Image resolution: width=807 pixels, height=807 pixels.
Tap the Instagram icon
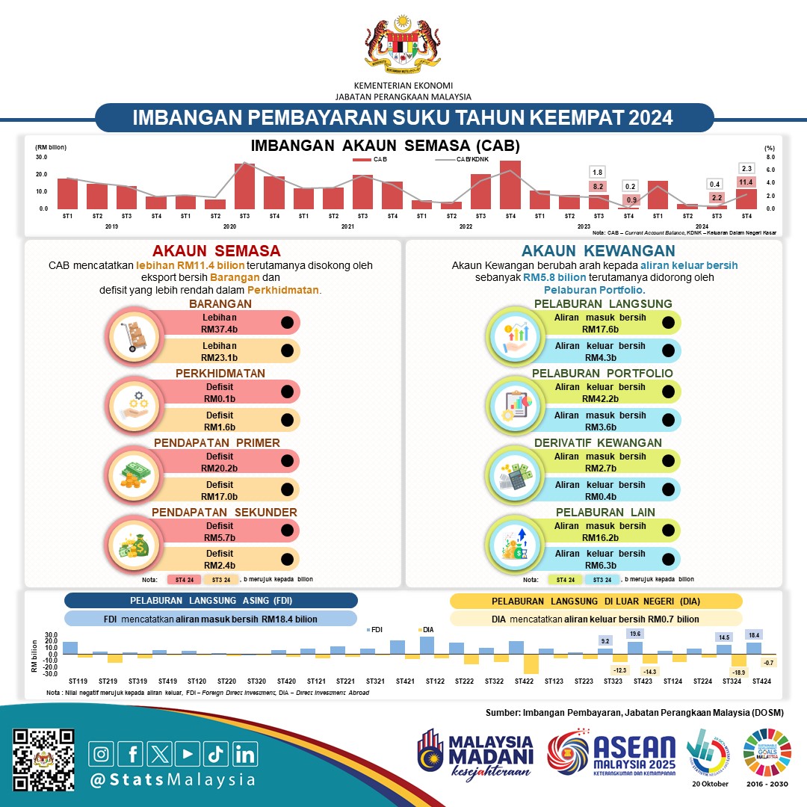click(103, 753)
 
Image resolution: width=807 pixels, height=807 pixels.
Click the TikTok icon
click(216, 753)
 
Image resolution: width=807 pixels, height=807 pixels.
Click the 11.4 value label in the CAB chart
click(746, 182)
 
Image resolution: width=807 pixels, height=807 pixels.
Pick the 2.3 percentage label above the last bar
click(746, 168)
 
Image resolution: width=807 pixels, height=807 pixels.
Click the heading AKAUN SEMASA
click(216, 250)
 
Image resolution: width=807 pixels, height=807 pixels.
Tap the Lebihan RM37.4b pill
click(224, 322)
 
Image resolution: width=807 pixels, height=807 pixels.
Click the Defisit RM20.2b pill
click(224, 462)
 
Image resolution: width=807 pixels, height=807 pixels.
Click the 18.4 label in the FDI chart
click(754, 634)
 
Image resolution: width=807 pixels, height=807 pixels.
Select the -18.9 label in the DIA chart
click(739, 672)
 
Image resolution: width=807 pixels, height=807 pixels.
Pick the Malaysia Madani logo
click(476, 755)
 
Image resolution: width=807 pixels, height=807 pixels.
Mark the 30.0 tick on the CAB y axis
click(41, 158)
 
